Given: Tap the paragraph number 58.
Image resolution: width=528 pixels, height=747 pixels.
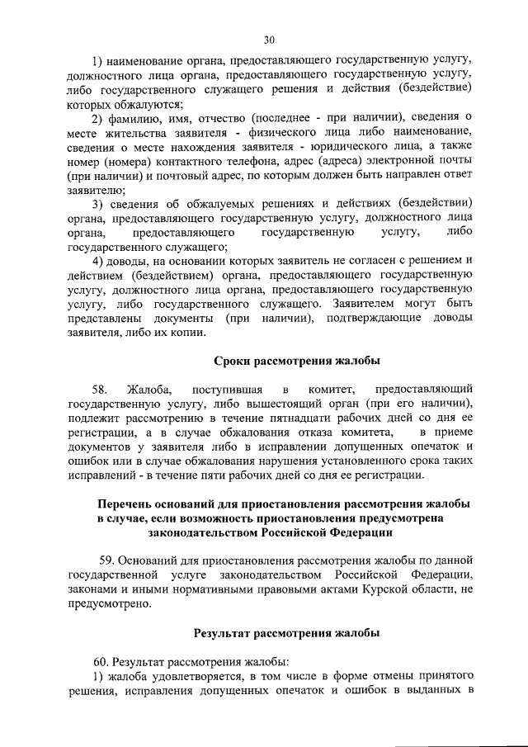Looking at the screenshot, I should (x=101, y=388).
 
